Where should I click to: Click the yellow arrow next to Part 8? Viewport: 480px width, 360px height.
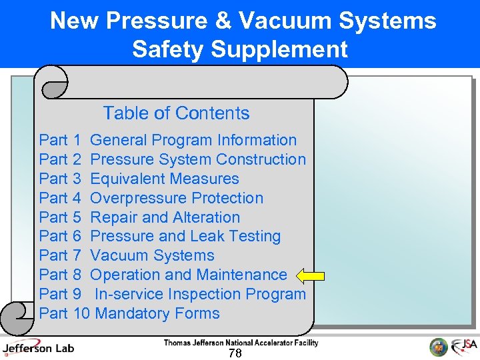pyautogui.click(x=311, y=275)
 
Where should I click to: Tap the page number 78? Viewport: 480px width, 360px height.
pyautogui.click(x=235, y=353)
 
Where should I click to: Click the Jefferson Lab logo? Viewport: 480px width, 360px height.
pyautogui.click(x=38, y=347)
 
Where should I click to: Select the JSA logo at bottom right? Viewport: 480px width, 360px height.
pyautogui.click(x=464, y=347)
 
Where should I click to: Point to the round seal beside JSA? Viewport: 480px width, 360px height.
pyautogui.click(x=438, y=347)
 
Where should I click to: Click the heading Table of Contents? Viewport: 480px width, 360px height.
pyautogui.click(x=176, y=113)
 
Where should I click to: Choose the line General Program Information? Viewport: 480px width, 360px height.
pyautogui.click(x=193, y=140)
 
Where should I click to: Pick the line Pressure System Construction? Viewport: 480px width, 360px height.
pyautogui.click(x=198, y=159)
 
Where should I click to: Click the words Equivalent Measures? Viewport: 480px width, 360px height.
pyautogui.click(x=164, y=179)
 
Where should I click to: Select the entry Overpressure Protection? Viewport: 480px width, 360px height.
pyautogui.click(x=177, y=198)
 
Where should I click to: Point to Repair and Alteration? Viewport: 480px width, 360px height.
pyautogui.click(x=165, y=217)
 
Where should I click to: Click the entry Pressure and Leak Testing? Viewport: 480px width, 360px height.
pyautogui.click(x=185, y=236)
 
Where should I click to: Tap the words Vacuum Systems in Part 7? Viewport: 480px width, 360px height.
pyautogui.click(x=152, y=255)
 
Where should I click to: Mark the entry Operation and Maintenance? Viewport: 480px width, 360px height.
pyautogui.click(x=188, y=275)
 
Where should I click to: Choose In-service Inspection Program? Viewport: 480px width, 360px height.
pyautogui.click(x=200, y=294)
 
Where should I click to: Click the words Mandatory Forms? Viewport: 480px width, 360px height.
pyautogui.click(x=157, y=313)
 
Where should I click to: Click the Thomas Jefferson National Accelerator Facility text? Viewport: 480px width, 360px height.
pyautogui.click(x=241, y=343)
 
